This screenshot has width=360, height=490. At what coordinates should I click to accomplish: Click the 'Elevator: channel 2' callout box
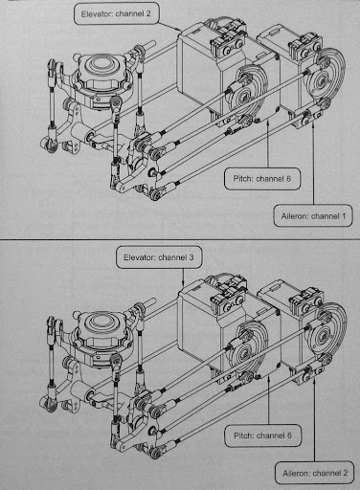pyautogui.click(x=117, y=13)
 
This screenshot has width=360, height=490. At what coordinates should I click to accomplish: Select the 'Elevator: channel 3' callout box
pyautogui.click(x=159, y=257)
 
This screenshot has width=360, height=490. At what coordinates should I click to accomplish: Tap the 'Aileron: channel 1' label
pyautogui.click(x=313, y=216)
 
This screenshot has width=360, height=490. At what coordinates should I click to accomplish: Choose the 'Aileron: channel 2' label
pyautogui.click(x=315, y=473)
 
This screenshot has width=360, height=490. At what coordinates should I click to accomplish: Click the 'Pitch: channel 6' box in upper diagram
pyautogui.click(x=262, y=179)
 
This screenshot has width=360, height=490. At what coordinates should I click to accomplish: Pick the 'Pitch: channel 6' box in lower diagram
pyautogui.click(x=262, y=435)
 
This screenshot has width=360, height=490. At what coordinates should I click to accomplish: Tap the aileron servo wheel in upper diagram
pyautogui.click(x=326, y=79)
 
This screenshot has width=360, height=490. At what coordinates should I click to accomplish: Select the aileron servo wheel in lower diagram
pyautogui.click(x=327, y=334)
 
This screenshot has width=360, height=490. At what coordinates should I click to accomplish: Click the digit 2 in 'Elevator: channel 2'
pyautogui.click(x=148, y=13)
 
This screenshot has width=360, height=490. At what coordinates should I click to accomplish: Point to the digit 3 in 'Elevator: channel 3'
pyautogui.click(x=191, y=257)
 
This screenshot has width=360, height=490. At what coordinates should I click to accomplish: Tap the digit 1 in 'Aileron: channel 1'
pyautogui.click(x=344, y=216)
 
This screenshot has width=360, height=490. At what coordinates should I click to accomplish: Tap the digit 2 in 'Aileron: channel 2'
pyautogui.click(x=345, y=473)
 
